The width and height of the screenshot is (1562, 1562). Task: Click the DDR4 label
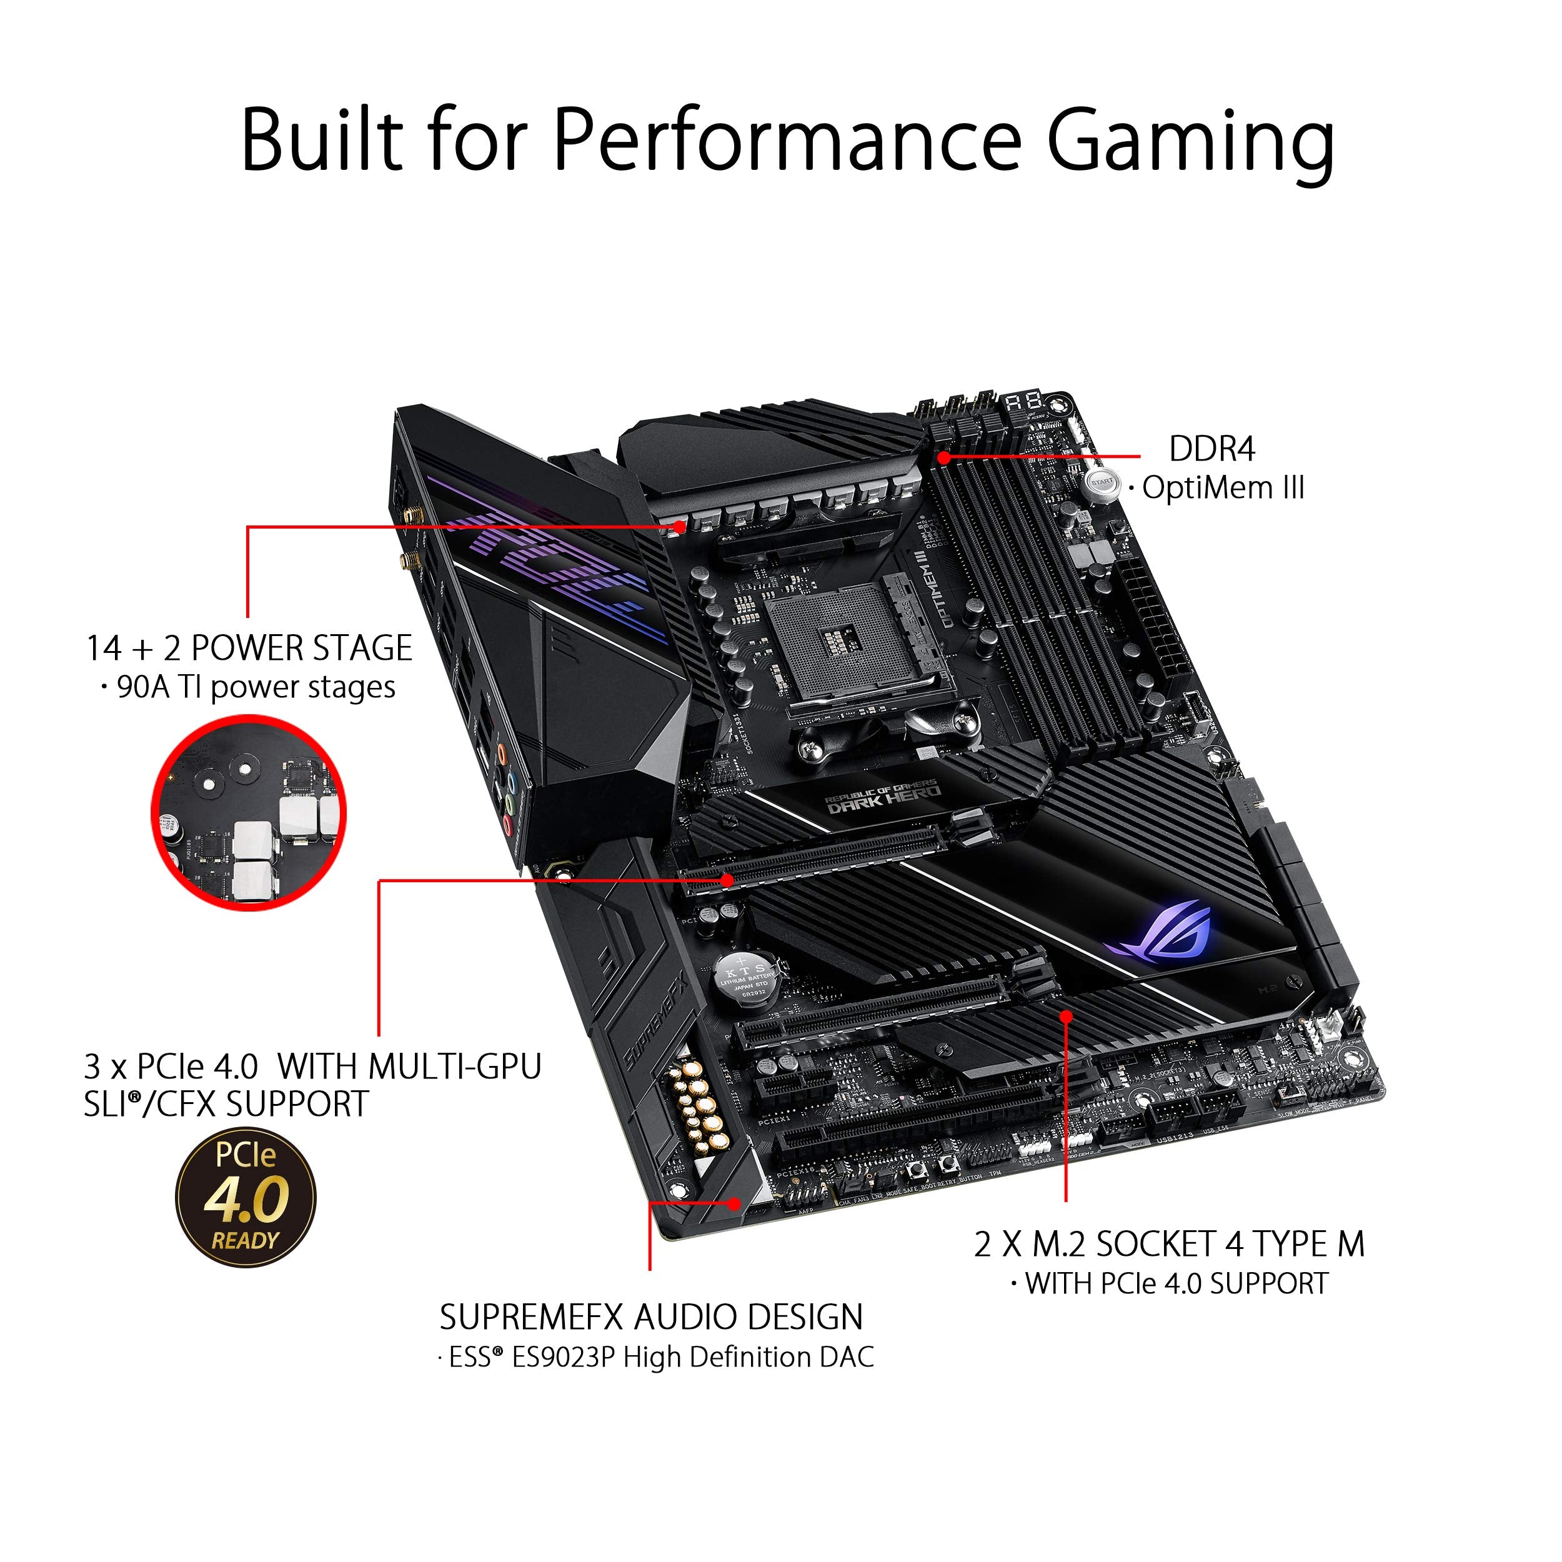(1211, 449)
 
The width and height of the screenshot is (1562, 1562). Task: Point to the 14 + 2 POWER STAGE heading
(249, 649)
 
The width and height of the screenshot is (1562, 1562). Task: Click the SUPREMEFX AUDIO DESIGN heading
(651, 1317)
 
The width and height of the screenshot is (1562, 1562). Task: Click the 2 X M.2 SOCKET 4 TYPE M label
(1169, 1244)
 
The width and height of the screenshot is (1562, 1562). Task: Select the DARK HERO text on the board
(883, 795)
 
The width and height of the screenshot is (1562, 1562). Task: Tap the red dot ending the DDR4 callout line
(943, 457)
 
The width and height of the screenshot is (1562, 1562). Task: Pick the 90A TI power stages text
(256, 688)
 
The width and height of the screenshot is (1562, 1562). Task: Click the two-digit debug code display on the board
(1023, 402)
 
